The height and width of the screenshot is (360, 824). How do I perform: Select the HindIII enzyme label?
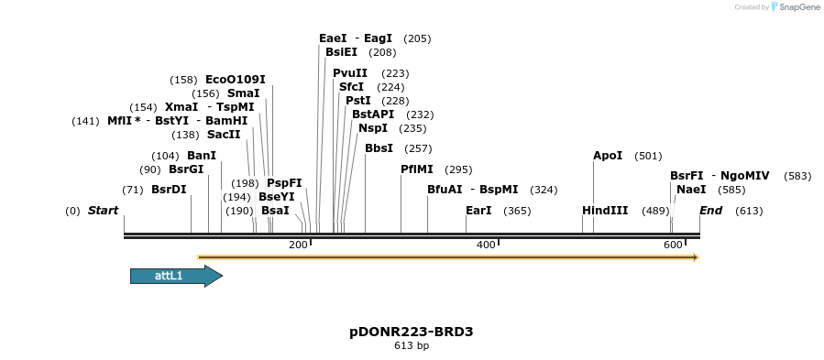pyautogui.click(x=605, y=211)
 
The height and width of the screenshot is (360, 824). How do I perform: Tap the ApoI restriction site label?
pyautogui.click(x=608, y=156)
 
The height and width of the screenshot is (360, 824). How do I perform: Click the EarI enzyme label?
pyautogui.click(x=478, y=211)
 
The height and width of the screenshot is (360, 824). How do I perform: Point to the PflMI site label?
pyautogui.click(x=417, y=169)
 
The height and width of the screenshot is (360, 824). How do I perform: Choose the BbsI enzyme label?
pyautogui.click(x=379, y=148)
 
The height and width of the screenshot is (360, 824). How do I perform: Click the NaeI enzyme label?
pyautogui.click(x=691, y=190)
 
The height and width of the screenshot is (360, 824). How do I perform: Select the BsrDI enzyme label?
pyautogui.click(x=169, y=190)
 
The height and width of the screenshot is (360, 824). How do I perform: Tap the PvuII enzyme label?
pyautogui.click(x=350, y=73)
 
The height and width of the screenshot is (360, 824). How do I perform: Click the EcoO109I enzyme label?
pyautogui.click(x=236, y=80)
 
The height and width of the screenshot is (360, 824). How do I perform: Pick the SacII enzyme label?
pyautogui.click(x=224, y=135)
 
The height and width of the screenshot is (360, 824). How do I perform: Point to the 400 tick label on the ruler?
pyautogui.click(x=486, y=245)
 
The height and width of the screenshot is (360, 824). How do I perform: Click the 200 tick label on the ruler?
pyautogui.click(x=298, y=245)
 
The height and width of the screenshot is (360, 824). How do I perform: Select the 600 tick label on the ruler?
pyautogui.click(x=673, y=245)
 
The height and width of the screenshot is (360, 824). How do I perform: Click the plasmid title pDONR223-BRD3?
pyautogui.click(x=412, y=332)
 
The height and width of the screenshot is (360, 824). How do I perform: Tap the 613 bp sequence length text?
pyautogui.click(x=412, y=346)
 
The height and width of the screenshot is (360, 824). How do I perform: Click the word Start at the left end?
pyautogui.click(x=103, y=211)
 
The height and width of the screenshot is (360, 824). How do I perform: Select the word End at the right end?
pyautogui.click(x=711, y=211)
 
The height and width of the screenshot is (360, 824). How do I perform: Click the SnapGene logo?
pyautogui.click(x=796, y=7)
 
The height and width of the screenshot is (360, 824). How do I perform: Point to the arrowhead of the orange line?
pyautogui.click(x=696, y=257)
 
